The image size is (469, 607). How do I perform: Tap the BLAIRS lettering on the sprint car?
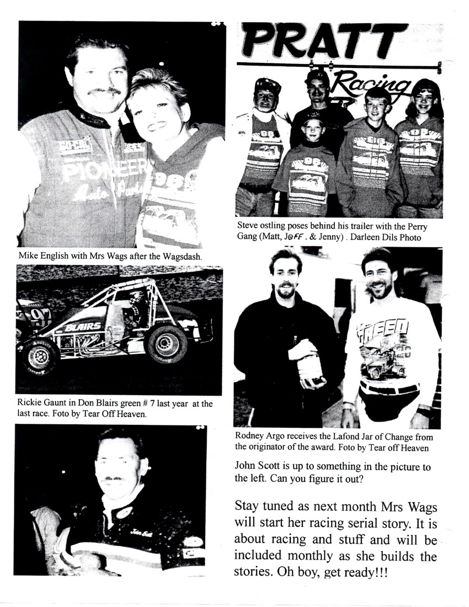tap(83, 327)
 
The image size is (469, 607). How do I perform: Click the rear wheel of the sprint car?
tap(167, 343)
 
